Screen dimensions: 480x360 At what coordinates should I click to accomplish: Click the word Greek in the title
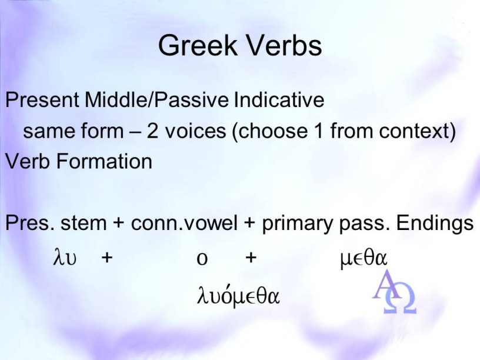[198, 45]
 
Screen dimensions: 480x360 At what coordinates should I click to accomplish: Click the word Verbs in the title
[284, 45]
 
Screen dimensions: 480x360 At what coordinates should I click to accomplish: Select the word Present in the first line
[42, 100]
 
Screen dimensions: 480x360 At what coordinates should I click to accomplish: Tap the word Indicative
[279, 100]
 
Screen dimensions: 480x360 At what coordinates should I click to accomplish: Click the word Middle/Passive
[156, 100]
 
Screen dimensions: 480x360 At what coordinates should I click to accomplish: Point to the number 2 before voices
[152, 131]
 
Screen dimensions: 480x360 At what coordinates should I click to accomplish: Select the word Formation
[104, 161]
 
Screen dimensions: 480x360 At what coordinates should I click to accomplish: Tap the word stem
[84, 223]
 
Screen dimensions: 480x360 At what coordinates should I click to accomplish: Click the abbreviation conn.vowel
[184, 223]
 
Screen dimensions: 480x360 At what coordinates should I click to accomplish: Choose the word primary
[297, 224]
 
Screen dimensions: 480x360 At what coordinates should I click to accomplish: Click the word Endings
[435, 223]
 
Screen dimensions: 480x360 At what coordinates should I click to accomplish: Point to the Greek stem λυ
[65, 257]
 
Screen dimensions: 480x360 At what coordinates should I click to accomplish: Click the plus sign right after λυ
[107, 258]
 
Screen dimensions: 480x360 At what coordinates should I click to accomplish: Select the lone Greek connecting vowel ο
[202, 259]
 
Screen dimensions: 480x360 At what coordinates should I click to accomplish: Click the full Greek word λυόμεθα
[238, 295]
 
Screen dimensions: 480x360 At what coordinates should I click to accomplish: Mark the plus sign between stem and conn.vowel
[118, 223]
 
